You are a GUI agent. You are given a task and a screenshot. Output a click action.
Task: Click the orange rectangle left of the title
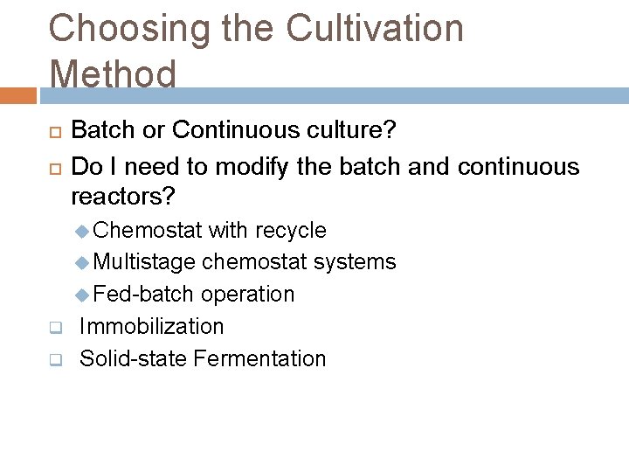pyautogui.click(x=18, y=95)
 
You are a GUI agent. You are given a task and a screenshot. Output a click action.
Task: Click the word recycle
pyautogui.click(x=290, y=230)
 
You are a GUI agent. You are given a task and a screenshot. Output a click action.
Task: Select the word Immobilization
pyautogui.click(x=152, y=326)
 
